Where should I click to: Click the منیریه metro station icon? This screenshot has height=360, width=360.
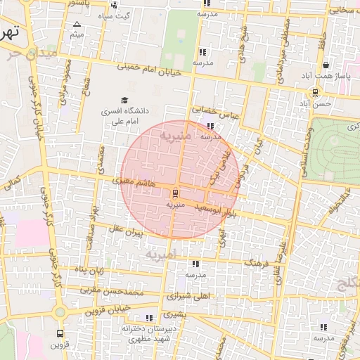click(175, 193)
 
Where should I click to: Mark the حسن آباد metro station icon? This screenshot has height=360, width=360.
click(314, 91)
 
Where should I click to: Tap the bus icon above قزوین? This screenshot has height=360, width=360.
click(60, 333)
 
